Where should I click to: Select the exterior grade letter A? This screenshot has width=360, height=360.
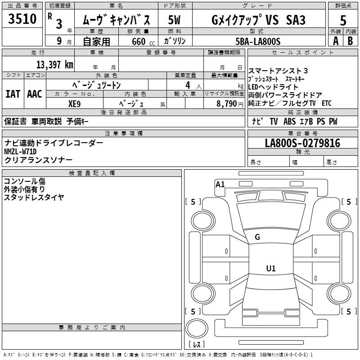[x=335, y=40]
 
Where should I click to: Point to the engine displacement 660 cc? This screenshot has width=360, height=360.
[x=137, y=41]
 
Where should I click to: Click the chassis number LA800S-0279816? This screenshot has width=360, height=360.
[x=302, y=143]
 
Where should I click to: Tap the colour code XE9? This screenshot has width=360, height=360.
[x=74, y=103]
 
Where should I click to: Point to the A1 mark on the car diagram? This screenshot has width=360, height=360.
[x=220, y=184]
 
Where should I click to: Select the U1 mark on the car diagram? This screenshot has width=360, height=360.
[x=270, y=269]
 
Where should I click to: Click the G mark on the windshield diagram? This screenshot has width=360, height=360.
[x=257, y=237]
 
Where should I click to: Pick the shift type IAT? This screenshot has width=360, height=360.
[x=13, y=94]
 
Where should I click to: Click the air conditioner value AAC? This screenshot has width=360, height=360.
[x=34, y=94]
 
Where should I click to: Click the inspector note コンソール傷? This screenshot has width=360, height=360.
[x=24, y=181]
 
